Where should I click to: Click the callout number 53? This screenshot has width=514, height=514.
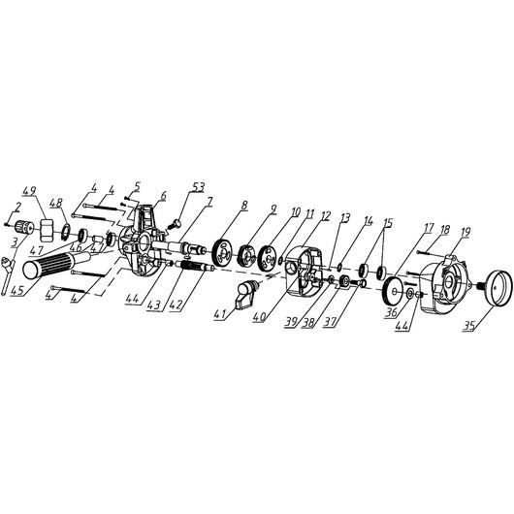point(197,187)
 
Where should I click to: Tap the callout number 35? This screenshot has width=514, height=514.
point(469,326)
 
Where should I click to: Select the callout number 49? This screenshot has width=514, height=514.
point(29,191)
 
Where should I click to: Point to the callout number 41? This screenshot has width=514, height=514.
point(220,314)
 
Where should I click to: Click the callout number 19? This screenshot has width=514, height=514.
point(466,232)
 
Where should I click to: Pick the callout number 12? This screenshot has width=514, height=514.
point(326,215)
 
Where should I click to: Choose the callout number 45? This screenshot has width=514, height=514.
point(16,290)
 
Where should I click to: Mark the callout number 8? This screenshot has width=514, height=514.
point(243,206)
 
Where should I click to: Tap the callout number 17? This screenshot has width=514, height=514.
point(429,228)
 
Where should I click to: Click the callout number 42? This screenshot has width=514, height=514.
point(176,305)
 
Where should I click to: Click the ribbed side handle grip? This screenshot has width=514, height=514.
point(55,265)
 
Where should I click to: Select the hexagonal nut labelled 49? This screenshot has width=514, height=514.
point(46,230)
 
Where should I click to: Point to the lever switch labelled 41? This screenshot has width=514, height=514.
point(247,294)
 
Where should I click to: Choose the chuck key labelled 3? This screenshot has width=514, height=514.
point(7,276)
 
